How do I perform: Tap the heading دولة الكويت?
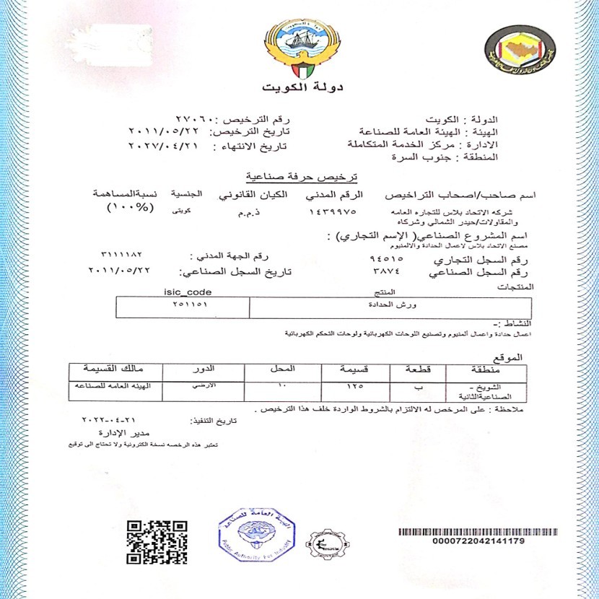(300, 89)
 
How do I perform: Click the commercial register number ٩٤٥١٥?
(385, 257)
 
